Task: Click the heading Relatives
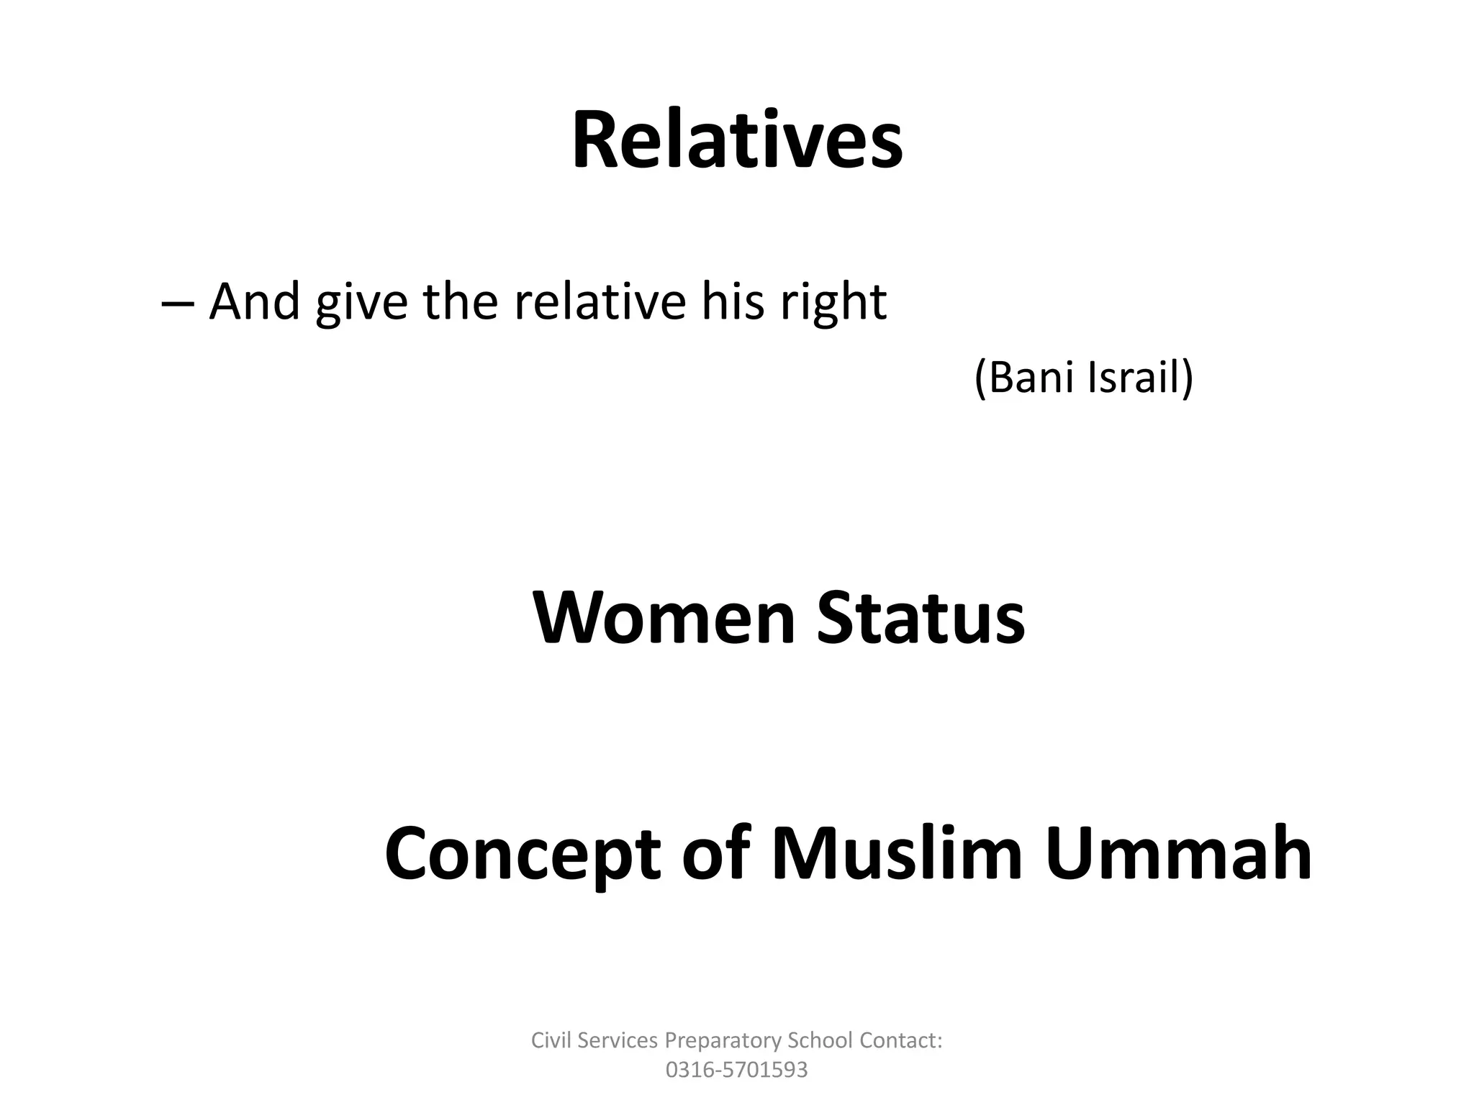[x=737, y=140]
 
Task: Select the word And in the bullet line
[x=254, y=302]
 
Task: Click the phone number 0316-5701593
[x=736, y=1070]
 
